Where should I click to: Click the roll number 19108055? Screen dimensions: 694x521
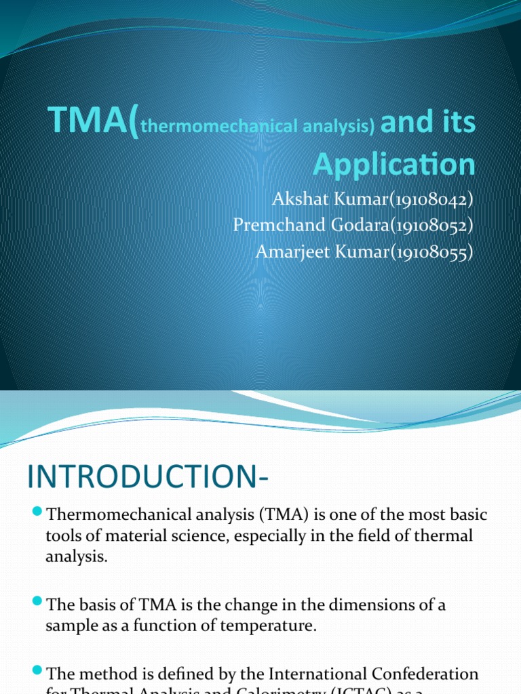click(432, 251)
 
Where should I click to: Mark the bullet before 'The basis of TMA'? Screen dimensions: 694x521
click(37, 602)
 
